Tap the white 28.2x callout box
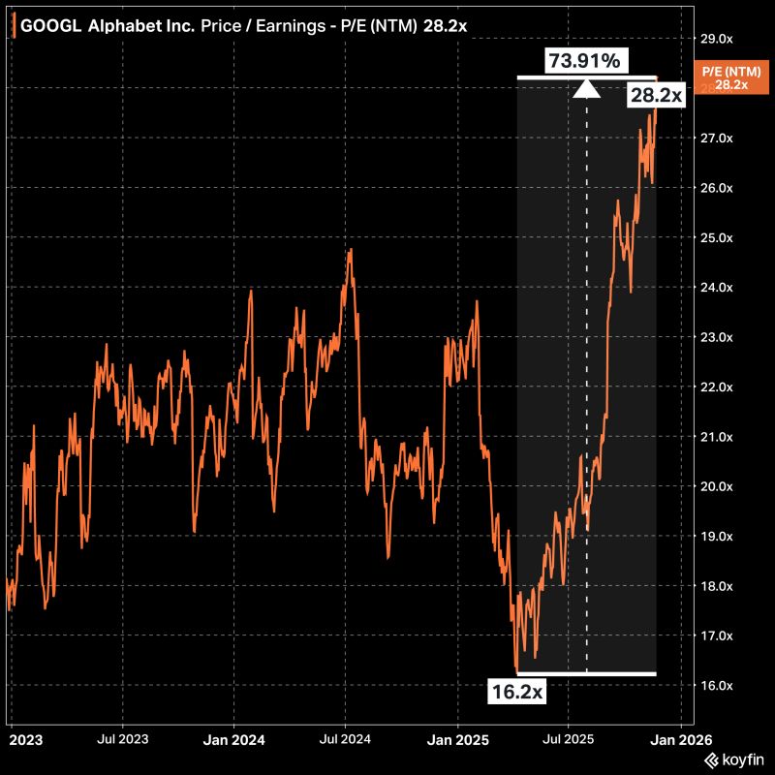tap(657, 94)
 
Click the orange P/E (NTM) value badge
tap(731, 77)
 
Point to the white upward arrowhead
tap(585, 89)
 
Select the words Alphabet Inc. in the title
tap(141, 26)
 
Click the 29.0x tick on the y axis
tap(715, 39)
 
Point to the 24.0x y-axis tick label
tap(715, 288)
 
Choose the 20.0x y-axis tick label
tap(715, 487)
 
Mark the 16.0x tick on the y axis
tap(715, 686)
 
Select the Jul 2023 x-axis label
tap(123, 739)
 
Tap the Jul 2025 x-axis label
tap(568, 739)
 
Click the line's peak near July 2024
tap(350, 250)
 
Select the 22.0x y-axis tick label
tap(715, 387)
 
